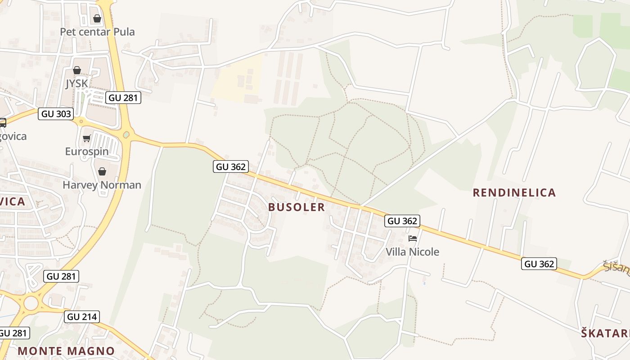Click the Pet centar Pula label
point(97,32)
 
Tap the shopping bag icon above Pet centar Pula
point(97,18)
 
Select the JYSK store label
point(77,84)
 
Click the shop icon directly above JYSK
point(77,70)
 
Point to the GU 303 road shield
point(56,114)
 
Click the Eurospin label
point(87,151)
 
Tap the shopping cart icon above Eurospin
point(87,138)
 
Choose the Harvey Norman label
point(102,185)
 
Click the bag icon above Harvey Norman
point(102,171)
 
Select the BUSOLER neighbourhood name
point(297,207)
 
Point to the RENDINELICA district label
point(514,193)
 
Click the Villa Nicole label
point(412,252)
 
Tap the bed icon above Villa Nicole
point(412,238)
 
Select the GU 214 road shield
point(81,317)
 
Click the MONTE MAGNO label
point(66,351)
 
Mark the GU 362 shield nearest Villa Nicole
point(402,221)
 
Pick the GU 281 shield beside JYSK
point(123,98)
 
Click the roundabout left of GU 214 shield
point(31,303)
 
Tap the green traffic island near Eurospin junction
point(126,134)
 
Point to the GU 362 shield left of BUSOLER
point(231,167)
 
